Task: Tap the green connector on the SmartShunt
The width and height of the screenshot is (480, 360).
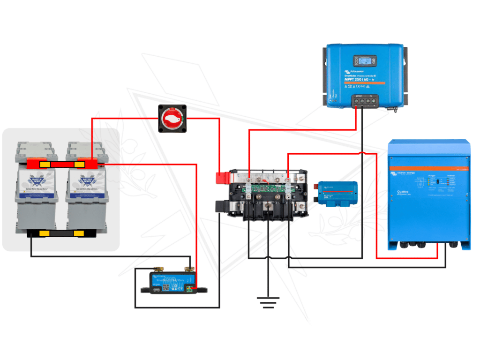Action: (190, 288)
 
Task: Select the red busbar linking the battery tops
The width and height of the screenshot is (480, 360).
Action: (61, 164)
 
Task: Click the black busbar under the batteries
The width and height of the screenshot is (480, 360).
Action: (61, 233)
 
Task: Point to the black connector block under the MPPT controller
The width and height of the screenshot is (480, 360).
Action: (365, 100)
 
